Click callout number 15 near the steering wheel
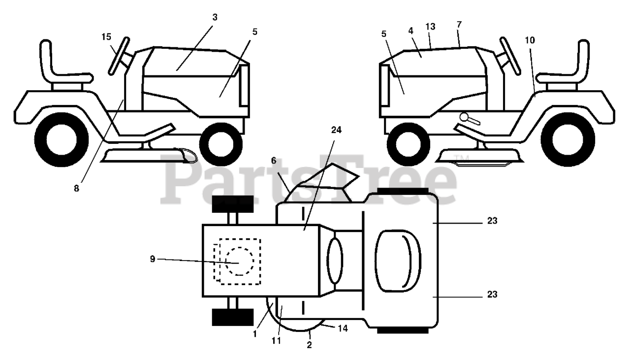[106, 36]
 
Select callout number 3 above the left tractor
[215, 17]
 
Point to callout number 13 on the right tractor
[431, 27]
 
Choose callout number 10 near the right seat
[529, 40]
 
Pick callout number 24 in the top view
[336, 130]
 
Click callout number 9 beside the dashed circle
[153, 259]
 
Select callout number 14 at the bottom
[343, 327]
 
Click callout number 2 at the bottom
[309, 345]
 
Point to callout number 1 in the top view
[255, 334]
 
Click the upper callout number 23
[493, 221]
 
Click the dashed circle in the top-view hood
[240, 262]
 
